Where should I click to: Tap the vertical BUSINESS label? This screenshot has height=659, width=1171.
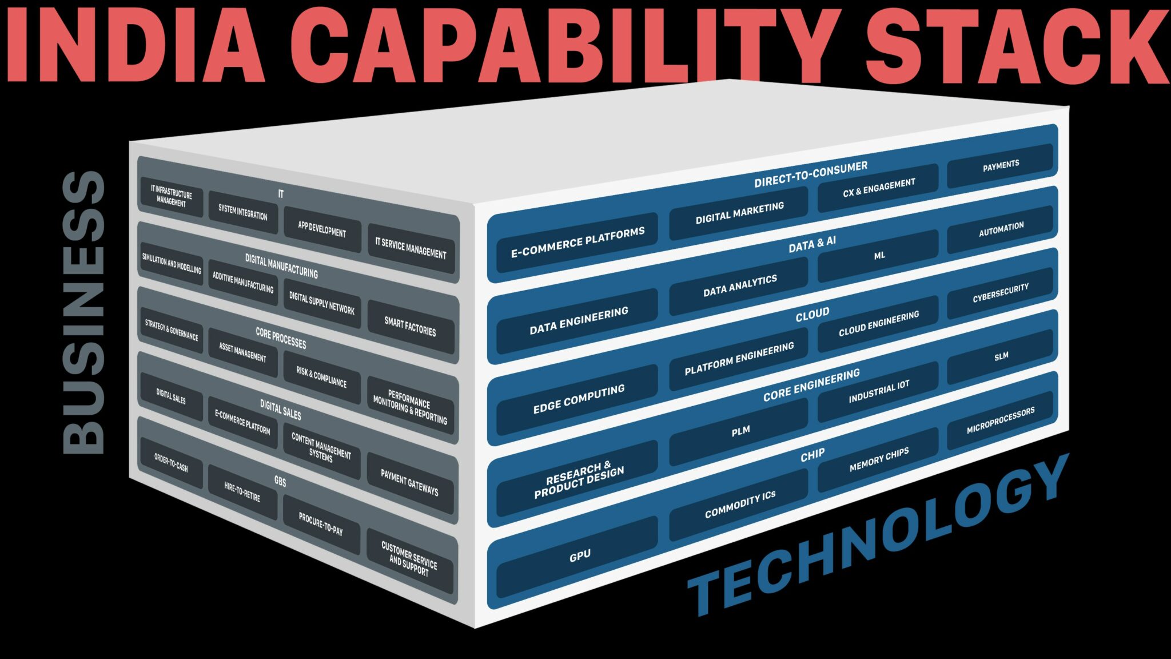(83, 312)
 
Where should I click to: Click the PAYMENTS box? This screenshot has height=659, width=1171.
(1000, 165)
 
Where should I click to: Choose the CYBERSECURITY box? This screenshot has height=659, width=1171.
(1000, 292)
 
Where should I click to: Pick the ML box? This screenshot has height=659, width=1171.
(879, 256)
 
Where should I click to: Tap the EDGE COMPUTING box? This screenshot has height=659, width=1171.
(579, 399)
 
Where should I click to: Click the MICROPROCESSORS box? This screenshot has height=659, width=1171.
(1000, 420)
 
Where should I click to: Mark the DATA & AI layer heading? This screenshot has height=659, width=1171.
(812, 244)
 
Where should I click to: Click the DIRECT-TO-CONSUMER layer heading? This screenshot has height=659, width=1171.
(810, 174)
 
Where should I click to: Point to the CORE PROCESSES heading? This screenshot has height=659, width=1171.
(281, 338)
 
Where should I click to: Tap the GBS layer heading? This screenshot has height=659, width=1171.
(280, 481)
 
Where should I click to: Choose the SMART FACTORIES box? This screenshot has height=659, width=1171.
(410, 327)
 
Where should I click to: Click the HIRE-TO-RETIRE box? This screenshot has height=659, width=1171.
(242, 491)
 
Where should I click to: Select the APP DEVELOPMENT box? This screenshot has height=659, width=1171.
(322, 229)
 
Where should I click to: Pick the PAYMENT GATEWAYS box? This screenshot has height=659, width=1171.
(410, 482)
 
